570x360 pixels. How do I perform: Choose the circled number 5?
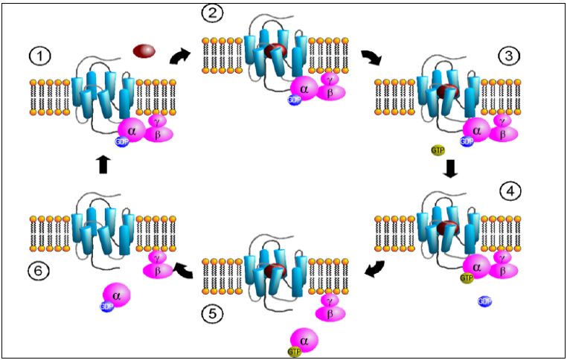(211, 315)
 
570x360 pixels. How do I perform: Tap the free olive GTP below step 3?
(438, 151)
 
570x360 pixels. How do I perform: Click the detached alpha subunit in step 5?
(304, 339)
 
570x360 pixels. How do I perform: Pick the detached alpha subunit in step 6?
(115, 295)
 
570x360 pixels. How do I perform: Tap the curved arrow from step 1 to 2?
(179, 57)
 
